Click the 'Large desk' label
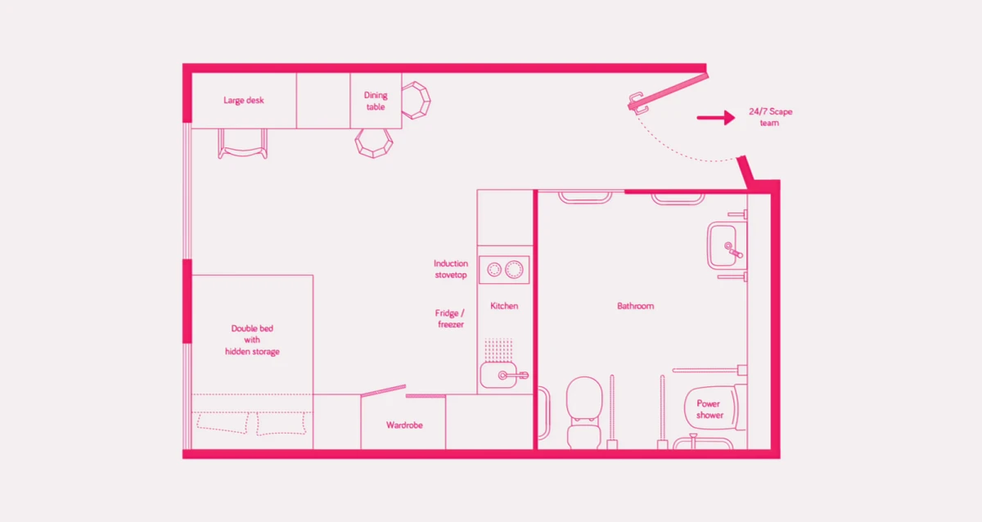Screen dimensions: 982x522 pos(244,101)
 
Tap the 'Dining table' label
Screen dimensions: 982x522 pos(376,101)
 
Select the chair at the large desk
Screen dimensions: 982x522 pos(243,144)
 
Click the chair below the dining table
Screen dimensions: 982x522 pos(374,143)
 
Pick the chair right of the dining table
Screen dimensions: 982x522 pos(416,101)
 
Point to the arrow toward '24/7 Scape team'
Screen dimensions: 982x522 pos(716,118)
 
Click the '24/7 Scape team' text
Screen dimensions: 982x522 pos(770,117)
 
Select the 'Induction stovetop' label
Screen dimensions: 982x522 pos(451,269)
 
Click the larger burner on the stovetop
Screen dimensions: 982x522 pos(514,269)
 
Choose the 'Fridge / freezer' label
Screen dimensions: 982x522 pos(450,318)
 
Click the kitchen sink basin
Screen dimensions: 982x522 pos(499,376)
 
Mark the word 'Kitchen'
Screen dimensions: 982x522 pos(504,306)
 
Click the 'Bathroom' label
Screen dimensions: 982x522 pos(635,306)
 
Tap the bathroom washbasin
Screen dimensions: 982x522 pos(727,245)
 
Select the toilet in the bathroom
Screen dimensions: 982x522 pos(584,412)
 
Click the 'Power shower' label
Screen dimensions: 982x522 pos(709,409)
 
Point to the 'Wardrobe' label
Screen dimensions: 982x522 pos(404,425)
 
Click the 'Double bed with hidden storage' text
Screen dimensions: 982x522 pos(252,340)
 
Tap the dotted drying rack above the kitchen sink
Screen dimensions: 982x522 pos(498,349)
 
